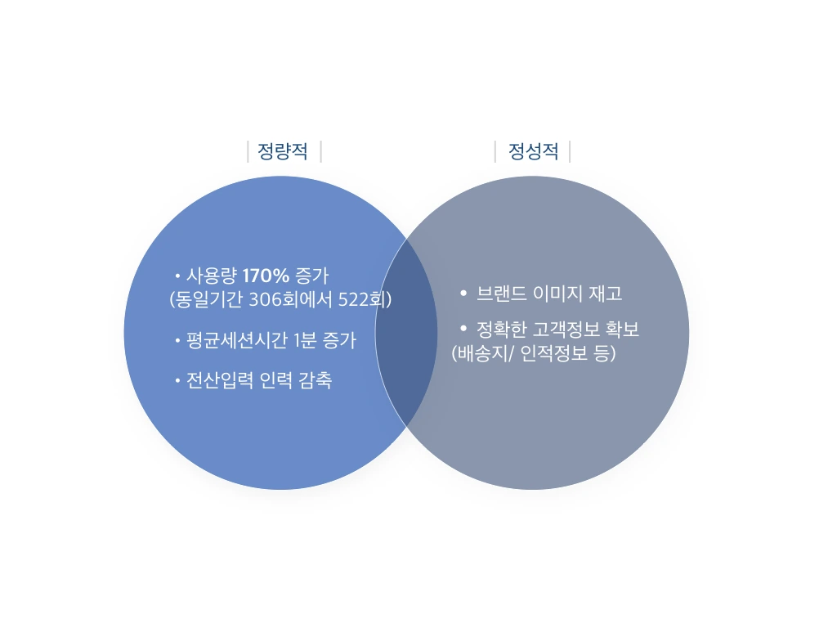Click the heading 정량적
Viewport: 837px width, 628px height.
pos(283,152)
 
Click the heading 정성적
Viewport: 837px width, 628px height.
pos(533,152)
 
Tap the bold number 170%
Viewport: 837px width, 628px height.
pos(266,276)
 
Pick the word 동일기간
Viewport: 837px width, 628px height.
pos(209,299)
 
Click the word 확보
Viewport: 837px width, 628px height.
pos(621,330)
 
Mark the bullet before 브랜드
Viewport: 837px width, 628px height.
pos(463,293)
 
